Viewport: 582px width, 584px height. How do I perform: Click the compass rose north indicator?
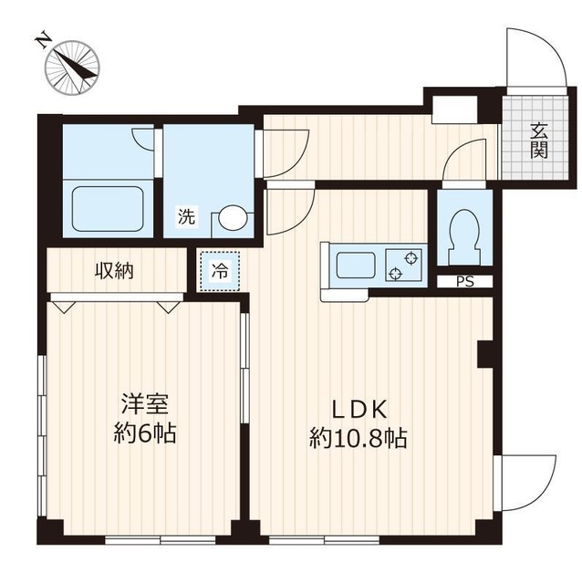pos(72,68)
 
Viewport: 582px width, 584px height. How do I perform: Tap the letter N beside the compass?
pos(44,40)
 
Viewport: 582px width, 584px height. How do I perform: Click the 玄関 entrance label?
pos(539,141)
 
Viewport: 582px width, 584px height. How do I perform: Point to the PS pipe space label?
pos(465,282)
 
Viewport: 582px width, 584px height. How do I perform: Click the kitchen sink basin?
pos(356,265)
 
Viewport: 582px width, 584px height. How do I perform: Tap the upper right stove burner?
pos(411,257)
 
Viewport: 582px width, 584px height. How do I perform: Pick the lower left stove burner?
pos(394,274)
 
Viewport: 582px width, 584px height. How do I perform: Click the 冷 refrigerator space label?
pos(220,271)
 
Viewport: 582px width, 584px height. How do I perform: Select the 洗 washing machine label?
pos(187,216)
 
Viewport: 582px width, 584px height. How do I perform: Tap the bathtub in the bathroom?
pos(108,209)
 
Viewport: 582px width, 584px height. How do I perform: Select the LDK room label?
pos(359,410)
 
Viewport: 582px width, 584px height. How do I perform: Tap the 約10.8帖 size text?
pos(358,438)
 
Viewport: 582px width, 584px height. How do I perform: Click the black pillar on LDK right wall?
pos(485,354)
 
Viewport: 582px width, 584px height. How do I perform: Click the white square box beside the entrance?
pos(454,109)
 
